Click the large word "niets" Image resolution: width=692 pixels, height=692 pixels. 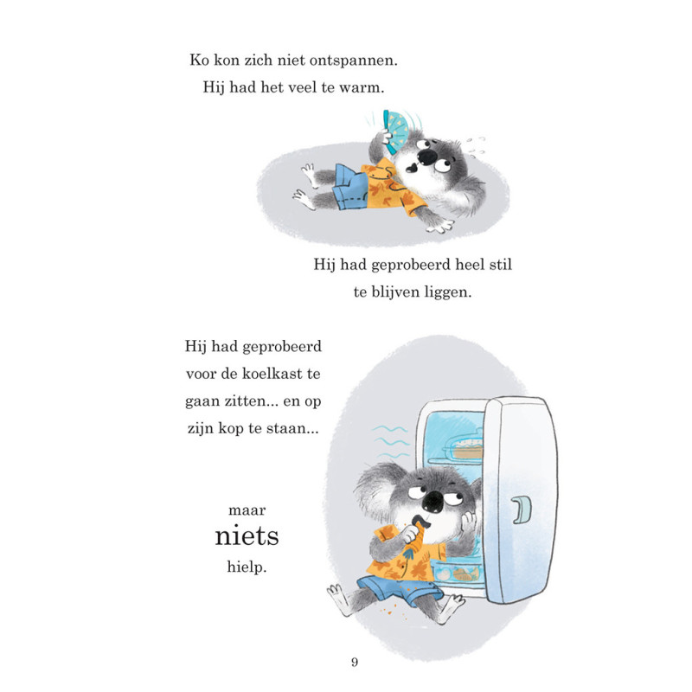point(247,535)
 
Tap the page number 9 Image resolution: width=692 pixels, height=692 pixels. point(355,662)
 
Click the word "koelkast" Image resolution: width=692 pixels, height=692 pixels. point(272,374)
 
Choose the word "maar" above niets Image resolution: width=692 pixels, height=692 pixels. point(247,510)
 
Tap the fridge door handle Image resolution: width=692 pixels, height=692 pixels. point(522,509)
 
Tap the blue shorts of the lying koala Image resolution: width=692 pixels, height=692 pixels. point(351,187)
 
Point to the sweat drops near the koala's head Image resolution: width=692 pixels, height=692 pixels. point(476,147)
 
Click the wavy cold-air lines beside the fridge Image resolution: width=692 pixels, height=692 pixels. point(391,442)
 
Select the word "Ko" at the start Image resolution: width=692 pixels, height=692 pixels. point(199,60)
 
